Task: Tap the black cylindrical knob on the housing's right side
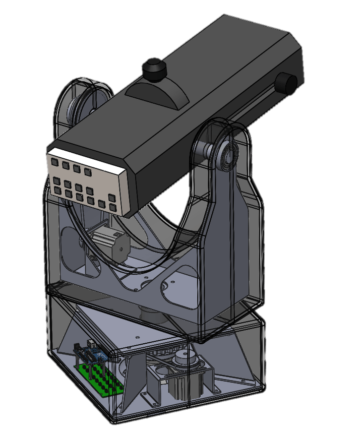coord(287,83)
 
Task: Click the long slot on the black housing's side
coord(252,108)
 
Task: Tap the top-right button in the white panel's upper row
coord(88,172)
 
